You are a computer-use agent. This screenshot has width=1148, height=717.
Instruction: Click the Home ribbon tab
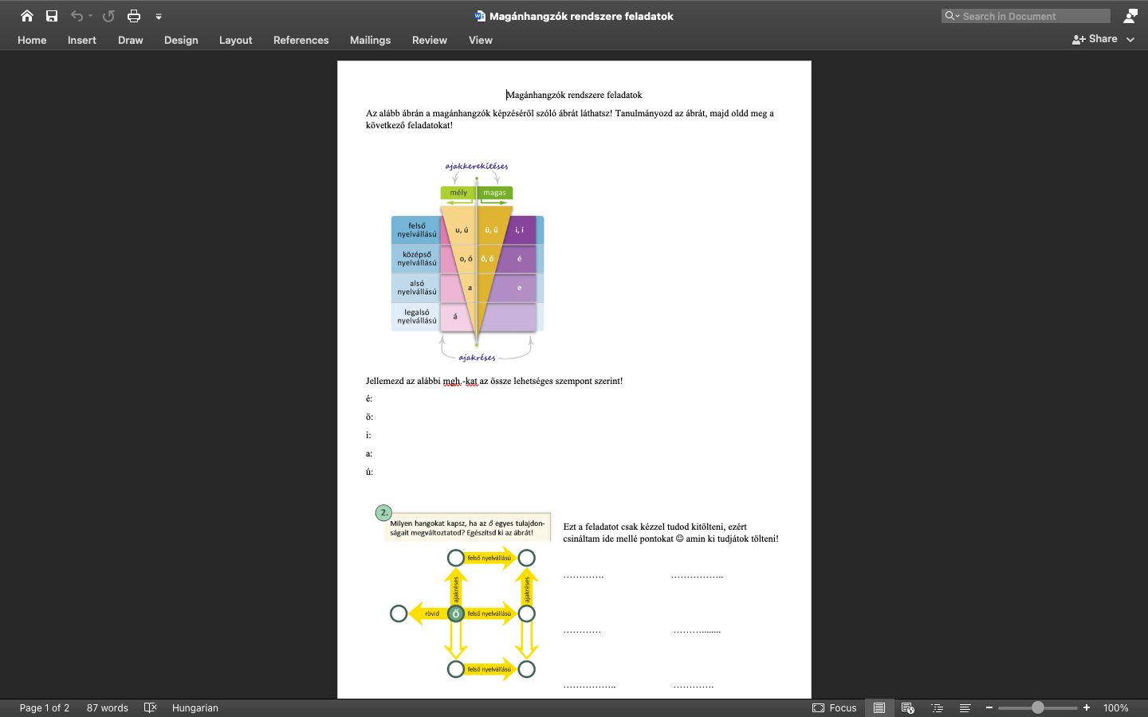click(x=32, y=40)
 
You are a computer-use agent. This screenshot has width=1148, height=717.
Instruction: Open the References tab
click(x=301, y=40)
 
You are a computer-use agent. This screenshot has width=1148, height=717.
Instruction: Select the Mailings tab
click(x=370, y=40)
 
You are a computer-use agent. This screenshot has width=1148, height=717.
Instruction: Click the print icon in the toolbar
click(x=134, y=17)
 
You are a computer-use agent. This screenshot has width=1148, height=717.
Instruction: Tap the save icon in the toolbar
click(x=52, y=17)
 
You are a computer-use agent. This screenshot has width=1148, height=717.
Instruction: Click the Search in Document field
click(x=1025, y=17)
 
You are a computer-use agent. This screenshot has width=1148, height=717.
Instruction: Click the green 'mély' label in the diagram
click(x=458, y=193)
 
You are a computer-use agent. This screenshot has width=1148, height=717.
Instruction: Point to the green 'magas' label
click(x=494, y=193)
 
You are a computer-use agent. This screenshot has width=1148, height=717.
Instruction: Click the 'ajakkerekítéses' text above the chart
click(x=477, y=166)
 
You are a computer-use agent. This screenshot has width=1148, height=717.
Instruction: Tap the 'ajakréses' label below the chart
click(x=477, y=358)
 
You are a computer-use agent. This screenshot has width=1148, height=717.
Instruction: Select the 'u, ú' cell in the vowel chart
click(x=462, y=230)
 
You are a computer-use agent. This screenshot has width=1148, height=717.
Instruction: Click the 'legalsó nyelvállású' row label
click(x=417, y=316)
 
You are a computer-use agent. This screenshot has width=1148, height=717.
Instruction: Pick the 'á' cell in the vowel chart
click(x=455, y=316)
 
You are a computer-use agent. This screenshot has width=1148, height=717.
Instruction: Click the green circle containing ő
click(x=456, y=613)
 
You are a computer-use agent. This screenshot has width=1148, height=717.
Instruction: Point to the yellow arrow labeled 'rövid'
click(x=429, y=613)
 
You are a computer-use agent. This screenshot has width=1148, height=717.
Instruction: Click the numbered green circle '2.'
click(x=384, y=513)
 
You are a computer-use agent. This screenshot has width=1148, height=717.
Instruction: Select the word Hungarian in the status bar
click(x=195, y=707)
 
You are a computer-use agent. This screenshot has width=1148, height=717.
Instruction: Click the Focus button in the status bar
click(x=835, y=707)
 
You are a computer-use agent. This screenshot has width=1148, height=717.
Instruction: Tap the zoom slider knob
click(x=1038, y=707)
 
